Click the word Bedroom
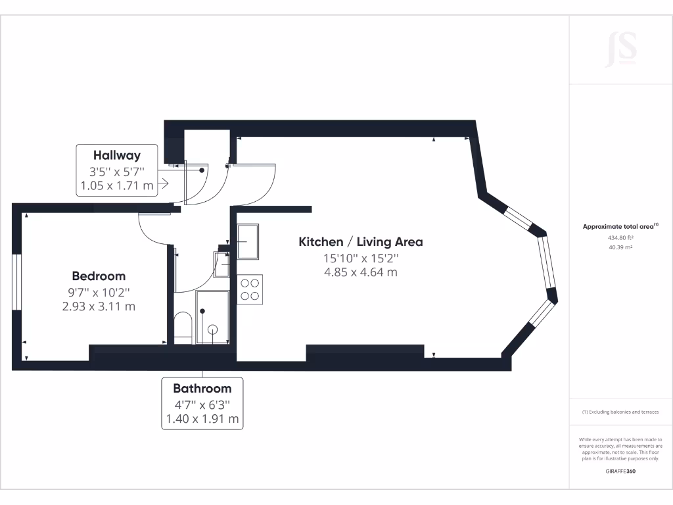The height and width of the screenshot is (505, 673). tap(99, 276)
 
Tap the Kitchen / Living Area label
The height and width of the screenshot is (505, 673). tap(361, 242)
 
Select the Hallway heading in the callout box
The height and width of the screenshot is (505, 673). tap(117, 156)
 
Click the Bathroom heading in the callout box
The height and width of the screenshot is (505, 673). tap(202, 389)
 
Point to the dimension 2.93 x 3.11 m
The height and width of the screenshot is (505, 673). tap(99, 306)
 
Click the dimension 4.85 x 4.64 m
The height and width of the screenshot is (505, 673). tap(361, 272)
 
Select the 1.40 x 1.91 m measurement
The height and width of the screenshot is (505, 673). tap(202, 418)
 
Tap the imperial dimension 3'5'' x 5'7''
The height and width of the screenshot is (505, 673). tap(117, 172)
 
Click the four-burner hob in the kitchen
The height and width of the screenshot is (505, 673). tap(250, 289)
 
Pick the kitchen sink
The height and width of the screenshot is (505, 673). tap(248, 241)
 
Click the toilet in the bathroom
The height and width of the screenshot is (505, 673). tap(183, 326)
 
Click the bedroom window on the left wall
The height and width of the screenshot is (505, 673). tap(18, 280)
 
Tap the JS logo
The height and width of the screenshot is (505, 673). tap(620, 49)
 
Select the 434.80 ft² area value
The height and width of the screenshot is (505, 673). tap(620, 238)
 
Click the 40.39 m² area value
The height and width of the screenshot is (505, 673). tap(620, 247)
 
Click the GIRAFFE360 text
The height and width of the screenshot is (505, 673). tap(620, 471)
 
